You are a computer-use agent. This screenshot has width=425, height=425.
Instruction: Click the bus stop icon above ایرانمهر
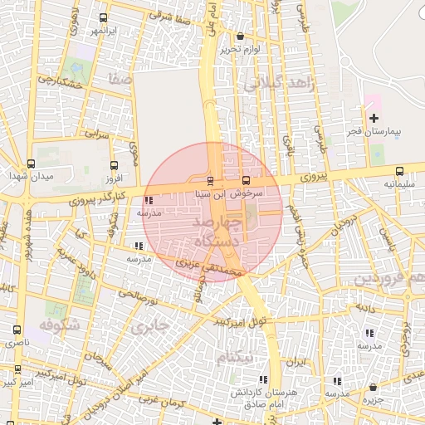[x=102, y=18]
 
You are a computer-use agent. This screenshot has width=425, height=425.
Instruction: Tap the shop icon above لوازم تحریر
[x=240, y=36]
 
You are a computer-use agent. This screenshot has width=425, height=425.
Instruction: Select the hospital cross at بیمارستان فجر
[x=373, y=119]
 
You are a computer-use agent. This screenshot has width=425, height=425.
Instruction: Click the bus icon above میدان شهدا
[x=31, y=164]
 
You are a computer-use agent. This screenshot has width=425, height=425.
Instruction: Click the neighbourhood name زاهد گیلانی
[x=276, y=83]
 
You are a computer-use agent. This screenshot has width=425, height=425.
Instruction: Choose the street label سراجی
[x=97, y=133]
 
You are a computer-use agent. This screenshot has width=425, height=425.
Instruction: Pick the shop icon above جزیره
[x=374, y=388]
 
